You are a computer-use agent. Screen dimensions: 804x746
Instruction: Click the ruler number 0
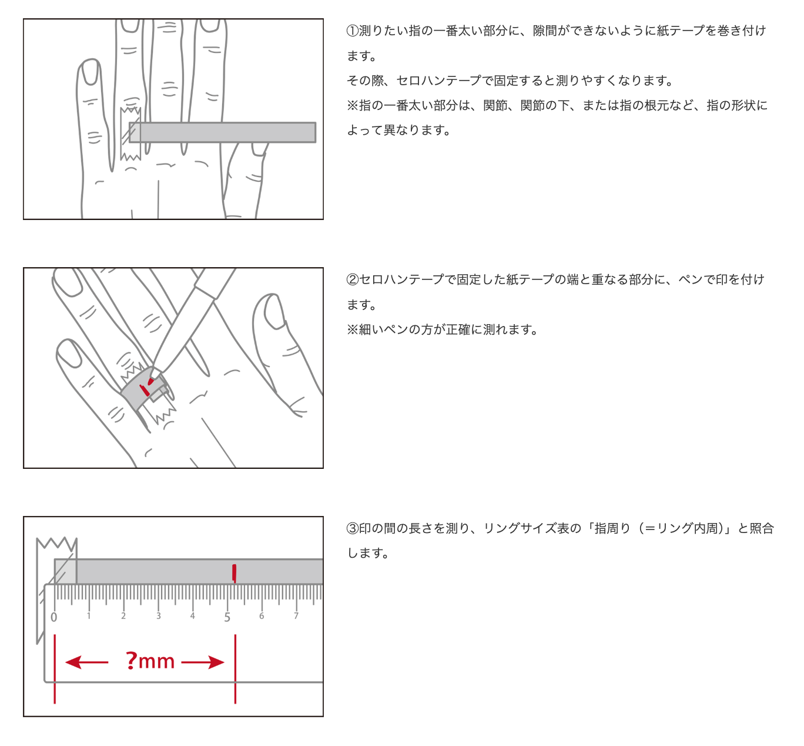(x=54, y=617)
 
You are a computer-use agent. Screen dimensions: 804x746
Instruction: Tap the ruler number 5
(x=227, y=617)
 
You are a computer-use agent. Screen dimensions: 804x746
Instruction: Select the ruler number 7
(x=296, y=615)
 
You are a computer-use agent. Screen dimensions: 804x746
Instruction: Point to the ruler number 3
(x=158, y=615)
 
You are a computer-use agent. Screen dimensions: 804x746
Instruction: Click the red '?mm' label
(x=150, y=661)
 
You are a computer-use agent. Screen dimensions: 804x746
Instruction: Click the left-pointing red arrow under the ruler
(x=86, y=662)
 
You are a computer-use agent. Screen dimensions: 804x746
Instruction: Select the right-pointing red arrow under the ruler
(x=202, y=662)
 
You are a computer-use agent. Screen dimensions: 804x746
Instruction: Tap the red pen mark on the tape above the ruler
(x=234, y=573)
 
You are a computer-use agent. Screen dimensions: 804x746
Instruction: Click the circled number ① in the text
(x=352, y=31)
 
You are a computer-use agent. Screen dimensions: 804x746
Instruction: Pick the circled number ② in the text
(x=352, y=280)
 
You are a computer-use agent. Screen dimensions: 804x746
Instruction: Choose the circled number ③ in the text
(x=352, y=528)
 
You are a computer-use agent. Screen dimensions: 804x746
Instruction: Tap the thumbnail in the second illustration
(x=274, y=311)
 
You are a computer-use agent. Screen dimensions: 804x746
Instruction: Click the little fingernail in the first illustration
(x=91, y=72)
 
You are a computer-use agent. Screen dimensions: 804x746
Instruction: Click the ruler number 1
(x=89, y=615)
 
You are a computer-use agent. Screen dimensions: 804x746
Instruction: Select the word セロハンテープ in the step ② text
(x=401, y=280)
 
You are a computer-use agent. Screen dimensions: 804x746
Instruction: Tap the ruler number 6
(x=262, y=615)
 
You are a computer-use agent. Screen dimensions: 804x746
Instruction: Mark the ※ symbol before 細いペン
(x=352, y=329)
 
